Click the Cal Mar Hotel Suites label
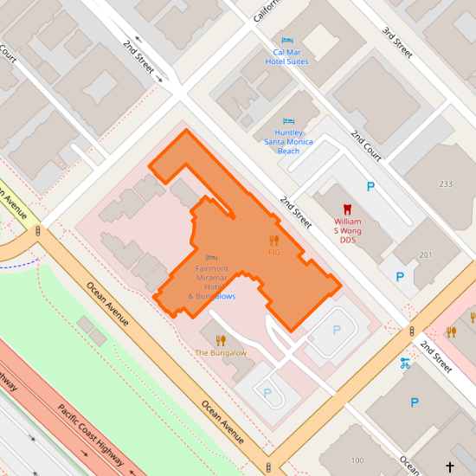pos(286,56)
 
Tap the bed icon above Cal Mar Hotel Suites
pos(286,40)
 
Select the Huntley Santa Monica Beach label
pos(288,141)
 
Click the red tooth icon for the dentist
pos(348,209)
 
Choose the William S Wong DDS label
pos(348,230)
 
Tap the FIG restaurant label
pos(274,252)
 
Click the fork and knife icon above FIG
pos(274,240)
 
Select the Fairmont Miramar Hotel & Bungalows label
pos(211,282)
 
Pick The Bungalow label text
pos(221,353)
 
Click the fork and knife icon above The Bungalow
pos(221,340)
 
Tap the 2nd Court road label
pos(366,146)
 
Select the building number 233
pos(446,184)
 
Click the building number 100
pos(357,460)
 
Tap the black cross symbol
pos(449,467)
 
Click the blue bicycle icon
pos(404,363)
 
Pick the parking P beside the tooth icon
pos(371,186)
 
